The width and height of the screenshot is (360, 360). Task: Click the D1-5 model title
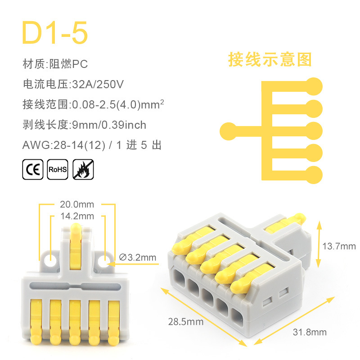[54, 32]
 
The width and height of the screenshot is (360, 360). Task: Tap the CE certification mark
[33, 170]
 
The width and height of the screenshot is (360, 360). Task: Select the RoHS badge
[58, 170]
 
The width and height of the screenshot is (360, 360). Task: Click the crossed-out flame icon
[83, 170]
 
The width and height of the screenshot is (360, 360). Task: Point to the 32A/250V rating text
[98, 84]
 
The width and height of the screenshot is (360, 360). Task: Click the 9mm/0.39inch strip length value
[109, 125]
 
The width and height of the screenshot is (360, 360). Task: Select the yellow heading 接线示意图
[270, 60]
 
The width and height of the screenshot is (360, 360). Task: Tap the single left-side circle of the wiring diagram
[229, 131]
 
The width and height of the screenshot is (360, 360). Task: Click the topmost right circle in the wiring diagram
[314, 86]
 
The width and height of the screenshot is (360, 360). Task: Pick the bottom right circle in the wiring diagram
[314, 175]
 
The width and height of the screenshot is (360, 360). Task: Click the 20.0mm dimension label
[77, 204]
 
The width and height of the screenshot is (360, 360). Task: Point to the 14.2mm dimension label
[77, 216]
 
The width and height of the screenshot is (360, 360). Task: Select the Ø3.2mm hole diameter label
[138, 257]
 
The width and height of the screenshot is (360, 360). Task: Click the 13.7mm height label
[339, 246]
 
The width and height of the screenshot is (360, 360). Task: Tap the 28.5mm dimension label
[186, 322]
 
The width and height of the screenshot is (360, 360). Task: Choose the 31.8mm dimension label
[310, 332]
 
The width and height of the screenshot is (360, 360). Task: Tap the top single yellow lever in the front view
[76, 246]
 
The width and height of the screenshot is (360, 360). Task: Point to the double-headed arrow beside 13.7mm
[319, 244]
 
